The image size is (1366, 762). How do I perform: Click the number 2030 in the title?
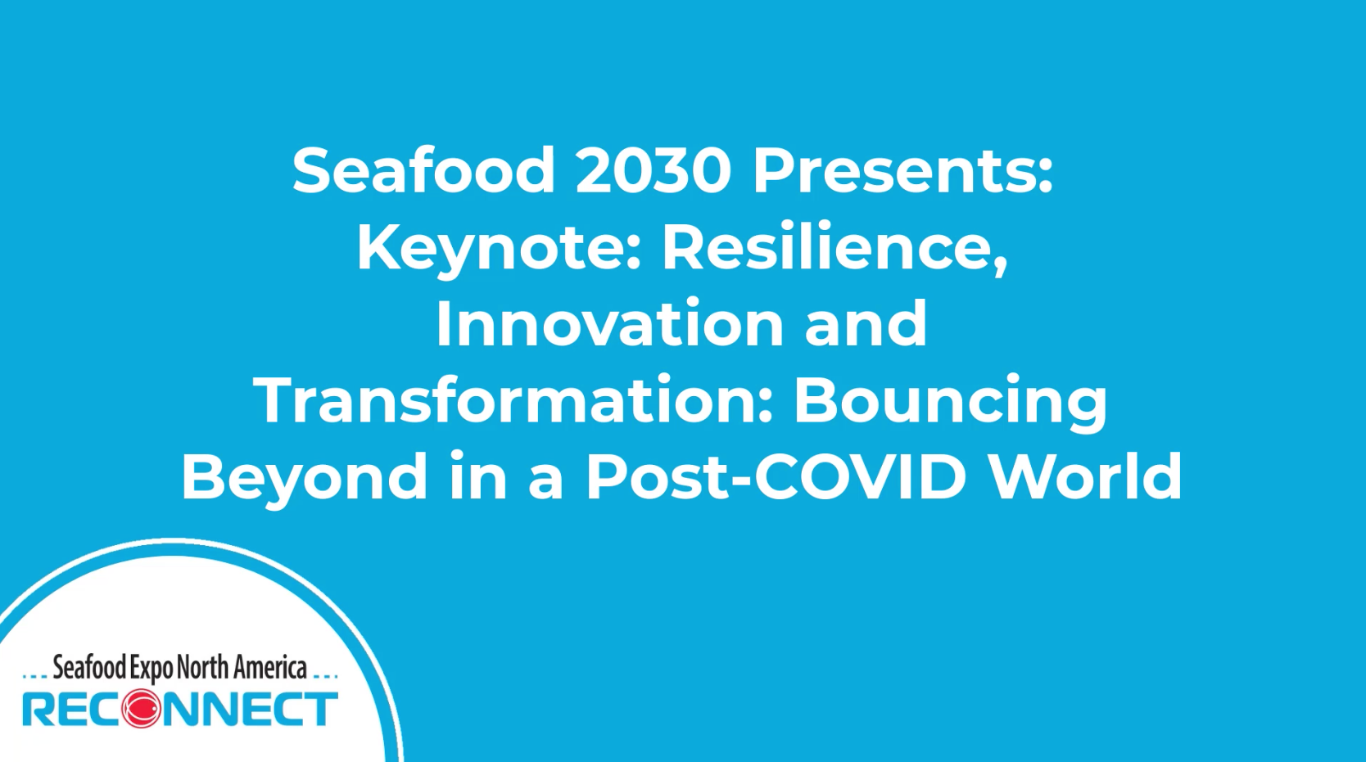653,171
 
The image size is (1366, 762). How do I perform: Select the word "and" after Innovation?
866,323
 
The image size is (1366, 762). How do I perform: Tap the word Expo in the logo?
151,669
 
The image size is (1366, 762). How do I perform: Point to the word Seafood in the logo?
89,667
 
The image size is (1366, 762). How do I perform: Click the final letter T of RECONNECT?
321,708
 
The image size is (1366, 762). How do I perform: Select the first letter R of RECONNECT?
37,708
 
